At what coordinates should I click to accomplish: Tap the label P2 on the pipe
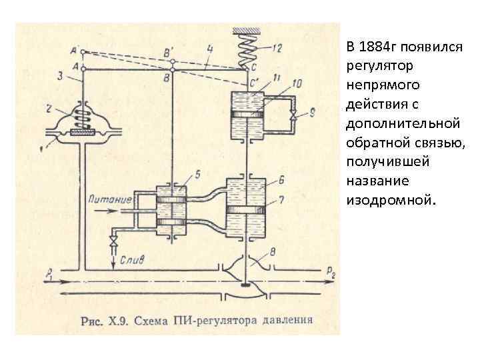pyautogui.click(x=331, y=271)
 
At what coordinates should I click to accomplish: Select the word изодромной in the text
pyautogui.click(x=389, y=200)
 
